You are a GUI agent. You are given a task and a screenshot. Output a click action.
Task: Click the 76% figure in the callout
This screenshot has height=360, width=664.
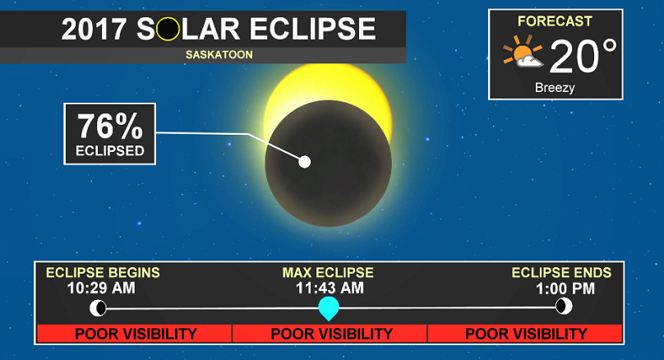110,127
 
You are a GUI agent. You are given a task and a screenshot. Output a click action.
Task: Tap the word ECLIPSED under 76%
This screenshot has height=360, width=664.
110,150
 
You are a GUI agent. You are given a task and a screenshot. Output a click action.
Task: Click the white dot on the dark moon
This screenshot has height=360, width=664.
305,161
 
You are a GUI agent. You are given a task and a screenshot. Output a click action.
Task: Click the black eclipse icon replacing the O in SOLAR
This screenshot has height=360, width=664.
168,30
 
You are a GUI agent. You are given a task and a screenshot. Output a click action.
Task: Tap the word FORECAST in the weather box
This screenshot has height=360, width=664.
554,20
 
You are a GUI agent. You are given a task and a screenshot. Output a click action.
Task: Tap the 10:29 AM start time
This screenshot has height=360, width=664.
102,288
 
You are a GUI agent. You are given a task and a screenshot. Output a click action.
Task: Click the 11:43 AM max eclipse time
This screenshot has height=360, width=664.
329,288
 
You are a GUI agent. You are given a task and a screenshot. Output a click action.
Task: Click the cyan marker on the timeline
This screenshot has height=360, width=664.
329,308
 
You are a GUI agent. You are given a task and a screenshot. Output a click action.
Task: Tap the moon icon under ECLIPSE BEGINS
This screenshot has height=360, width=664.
99,307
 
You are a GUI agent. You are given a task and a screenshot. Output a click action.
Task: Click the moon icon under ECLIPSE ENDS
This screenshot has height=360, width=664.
564,307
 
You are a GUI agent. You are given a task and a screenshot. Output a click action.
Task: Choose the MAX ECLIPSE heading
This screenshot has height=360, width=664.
328,273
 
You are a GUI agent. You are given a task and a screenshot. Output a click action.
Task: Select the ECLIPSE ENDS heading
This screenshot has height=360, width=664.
561,273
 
